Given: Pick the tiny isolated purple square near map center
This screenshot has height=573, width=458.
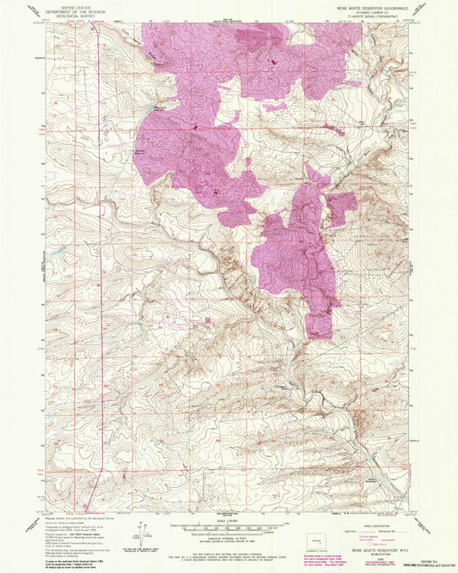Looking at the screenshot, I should [207, 320].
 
